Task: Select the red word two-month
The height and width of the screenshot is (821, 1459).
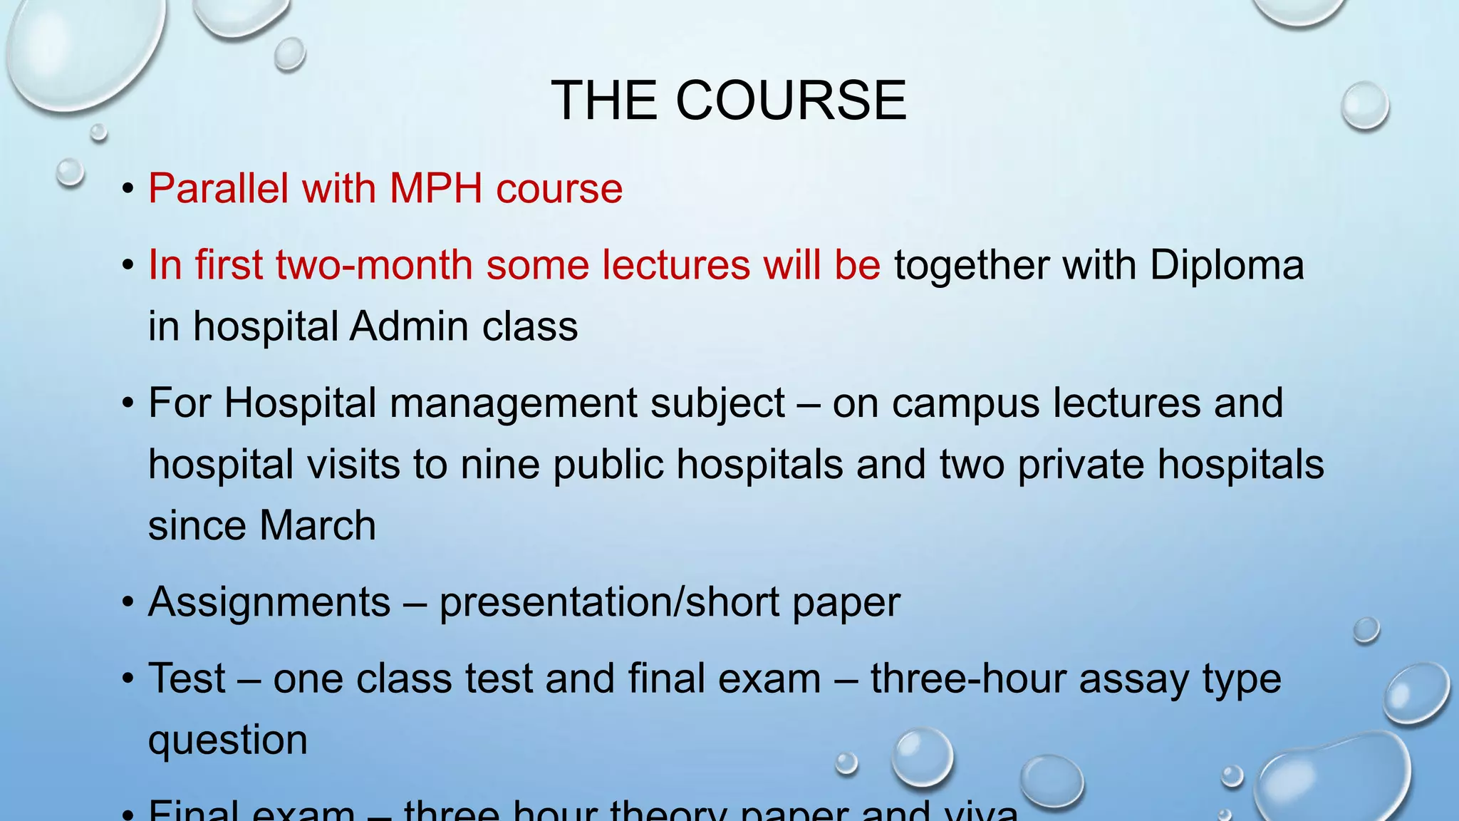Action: pyautogui.click(x=374, y=265)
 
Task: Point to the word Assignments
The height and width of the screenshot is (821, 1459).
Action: pyautogui.click(x=269, y=603)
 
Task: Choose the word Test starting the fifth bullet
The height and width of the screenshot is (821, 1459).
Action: pyautogui.click(x=187, y=678)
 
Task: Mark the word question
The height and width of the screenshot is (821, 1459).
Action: pyautogui.click(x=228, y=741)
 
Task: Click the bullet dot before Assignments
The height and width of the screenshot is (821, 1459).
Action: pyautogui.click(x=128, y=603)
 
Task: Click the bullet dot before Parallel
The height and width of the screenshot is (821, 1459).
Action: pyautogui.click(x=128, y=190)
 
